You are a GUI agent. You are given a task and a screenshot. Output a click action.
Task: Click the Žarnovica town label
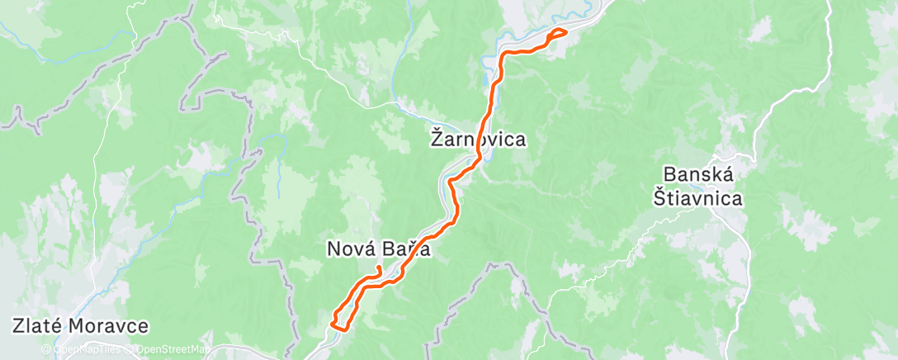click(x=478, y=140)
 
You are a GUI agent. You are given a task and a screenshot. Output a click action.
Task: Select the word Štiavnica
click(x=698, y=198)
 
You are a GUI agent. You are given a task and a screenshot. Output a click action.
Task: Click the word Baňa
click(x=412, y=248)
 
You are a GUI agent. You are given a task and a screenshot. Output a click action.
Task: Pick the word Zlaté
click(x=39, y=325)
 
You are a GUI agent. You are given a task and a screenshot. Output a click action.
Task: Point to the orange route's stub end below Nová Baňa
click(x=378, y=268)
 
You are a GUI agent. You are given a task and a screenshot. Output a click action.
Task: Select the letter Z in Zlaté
click(x=18, y=325)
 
